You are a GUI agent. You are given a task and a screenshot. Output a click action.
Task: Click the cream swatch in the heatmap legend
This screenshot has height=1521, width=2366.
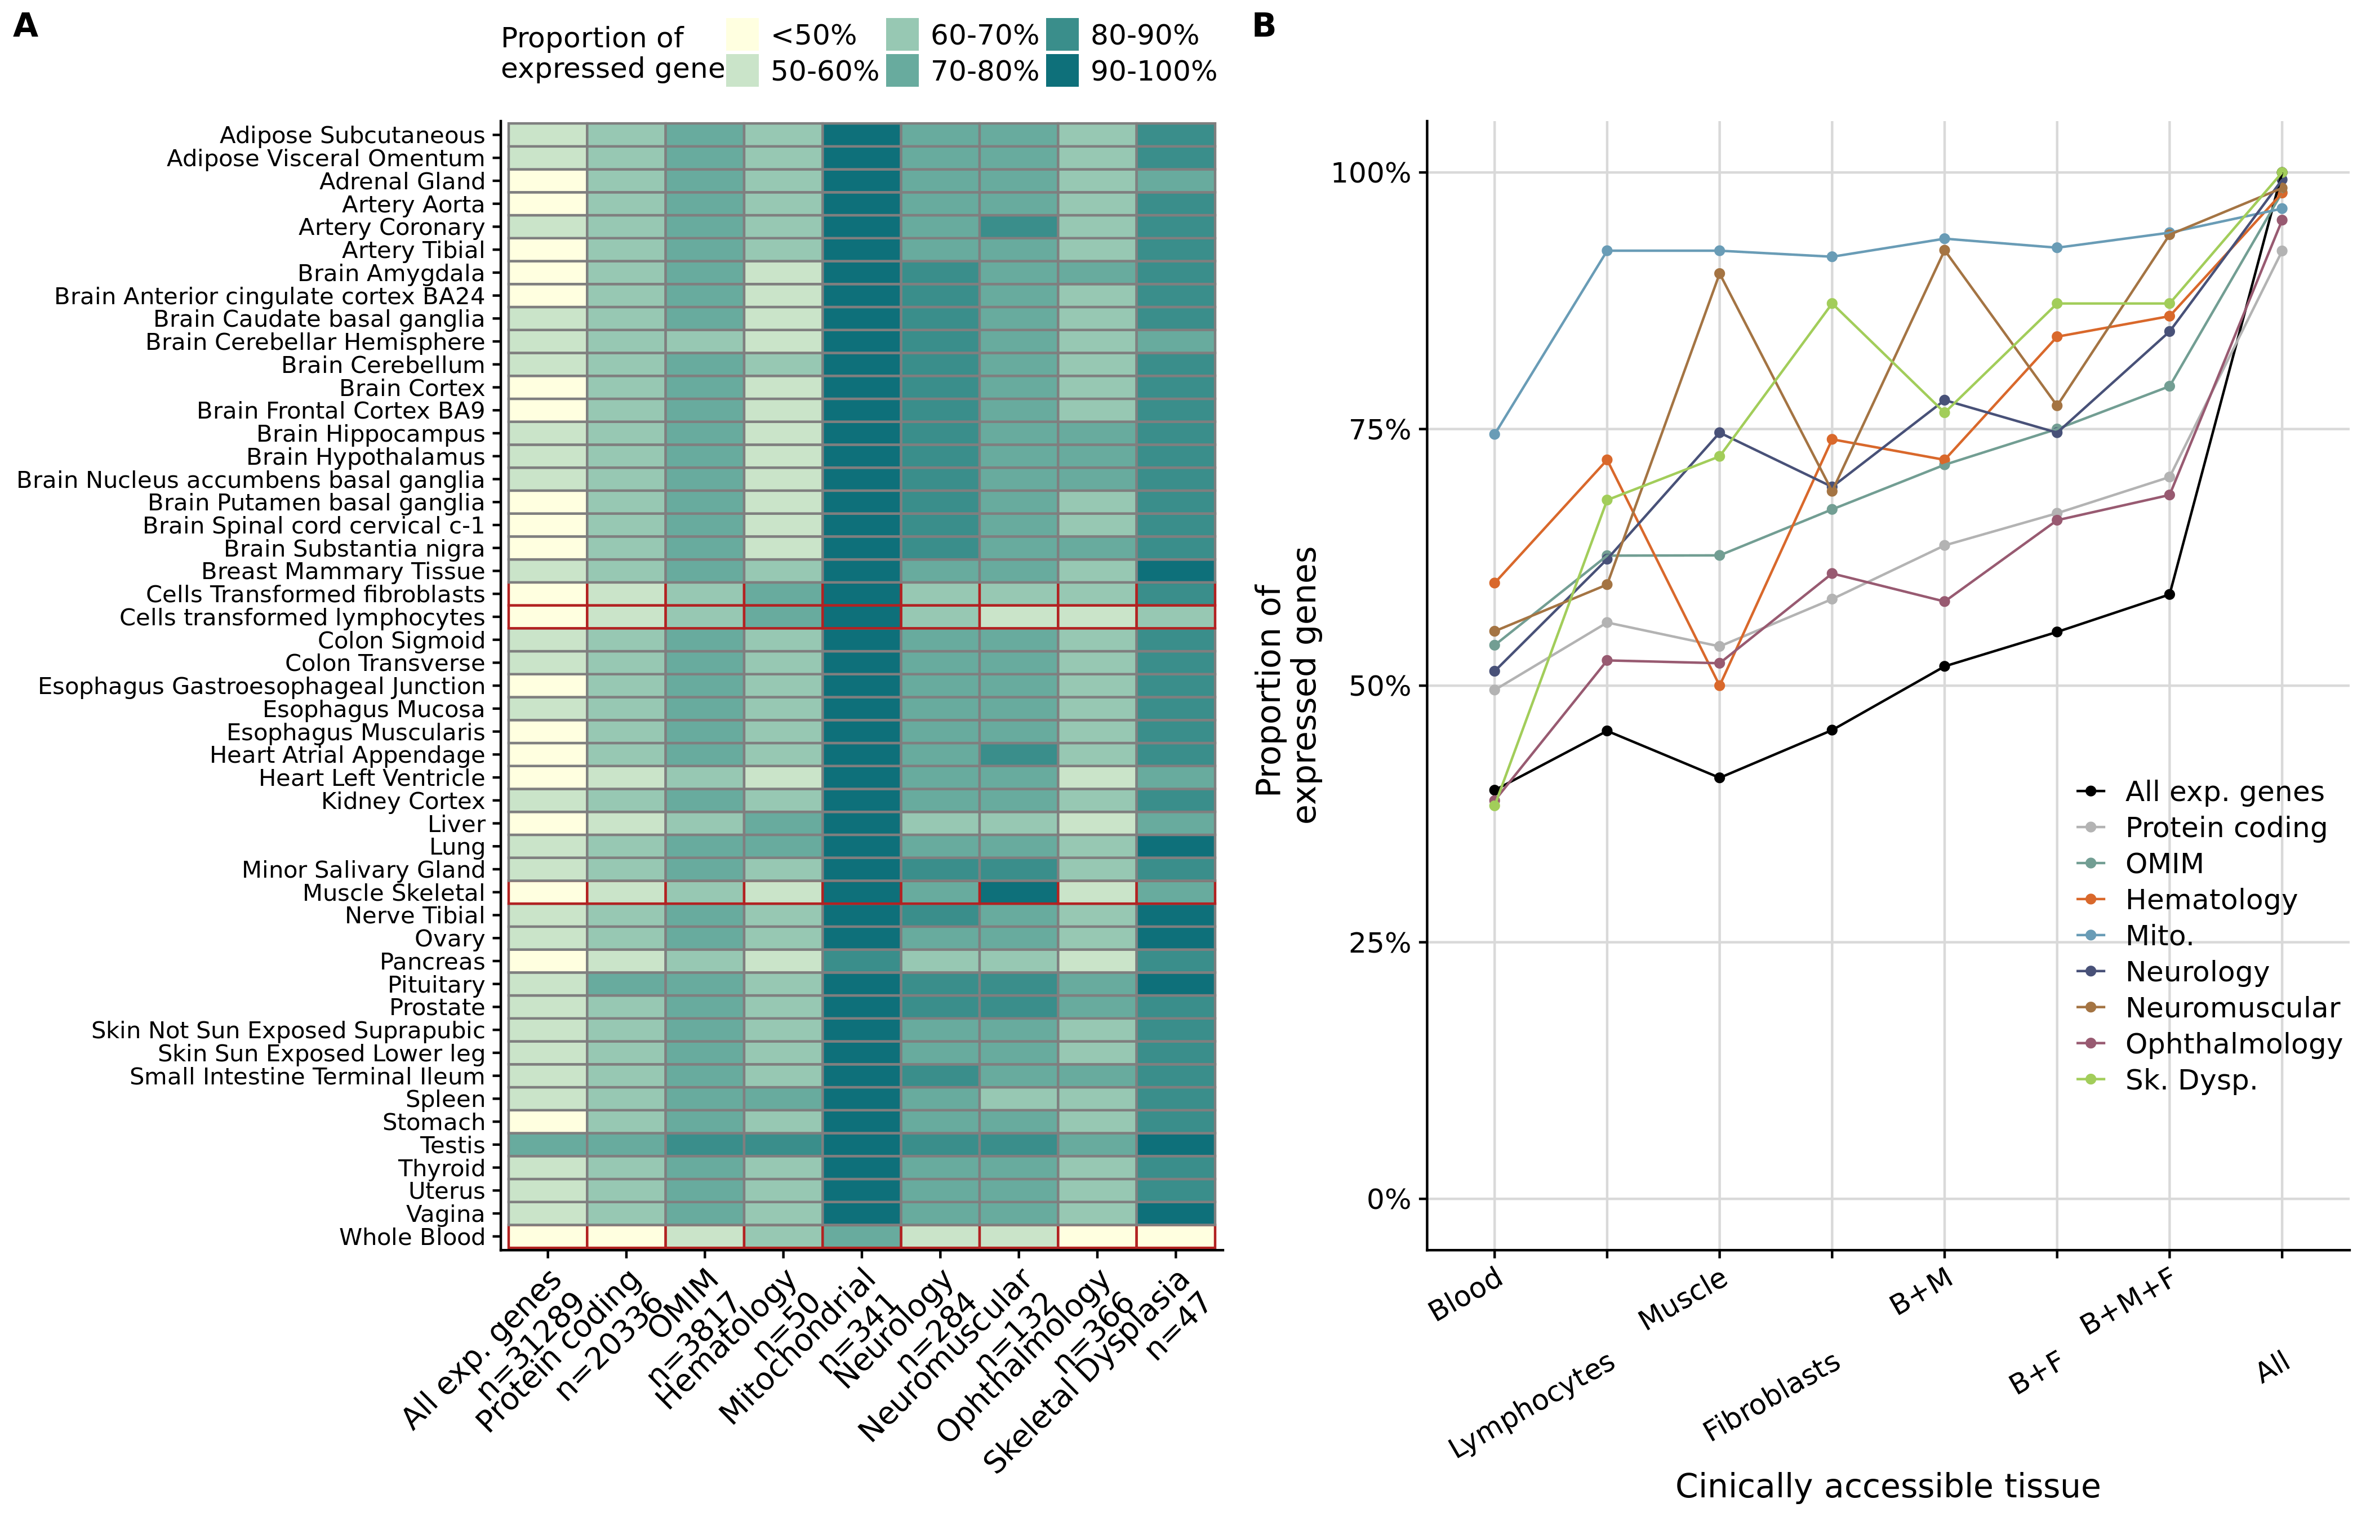pyautogui.click(x=741, y=34)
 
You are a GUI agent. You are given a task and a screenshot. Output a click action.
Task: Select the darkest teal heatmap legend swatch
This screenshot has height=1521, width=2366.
pyautogui.click(x=1061, y=70)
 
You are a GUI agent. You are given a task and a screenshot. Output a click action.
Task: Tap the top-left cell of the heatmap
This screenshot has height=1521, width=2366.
pyautogui.click(x=547, y=134)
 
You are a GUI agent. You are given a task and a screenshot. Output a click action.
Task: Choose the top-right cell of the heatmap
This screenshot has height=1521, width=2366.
pyautogui.click(x=1175, y=134)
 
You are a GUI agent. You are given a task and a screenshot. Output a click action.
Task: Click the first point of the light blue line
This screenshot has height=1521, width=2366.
pyautogui.click(x=1494, y=434)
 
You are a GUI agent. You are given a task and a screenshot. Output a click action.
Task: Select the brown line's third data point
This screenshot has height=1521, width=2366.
pyautogui.click(x=1719, y=274)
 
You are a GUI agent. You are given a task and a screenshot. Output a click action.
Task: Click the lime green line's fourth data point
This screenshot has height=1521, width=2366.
pyautogui.click(x=1832, y=303)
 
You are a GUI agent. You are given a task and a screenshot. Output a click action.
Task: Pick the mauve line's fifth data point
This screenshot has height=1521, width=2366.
pyautogui.click(x=1945, y=602)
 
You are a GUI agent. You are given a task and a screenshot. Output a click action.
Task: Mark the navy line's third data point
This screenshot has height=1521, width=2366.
pyautogui.click(x=1719, y=433)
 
